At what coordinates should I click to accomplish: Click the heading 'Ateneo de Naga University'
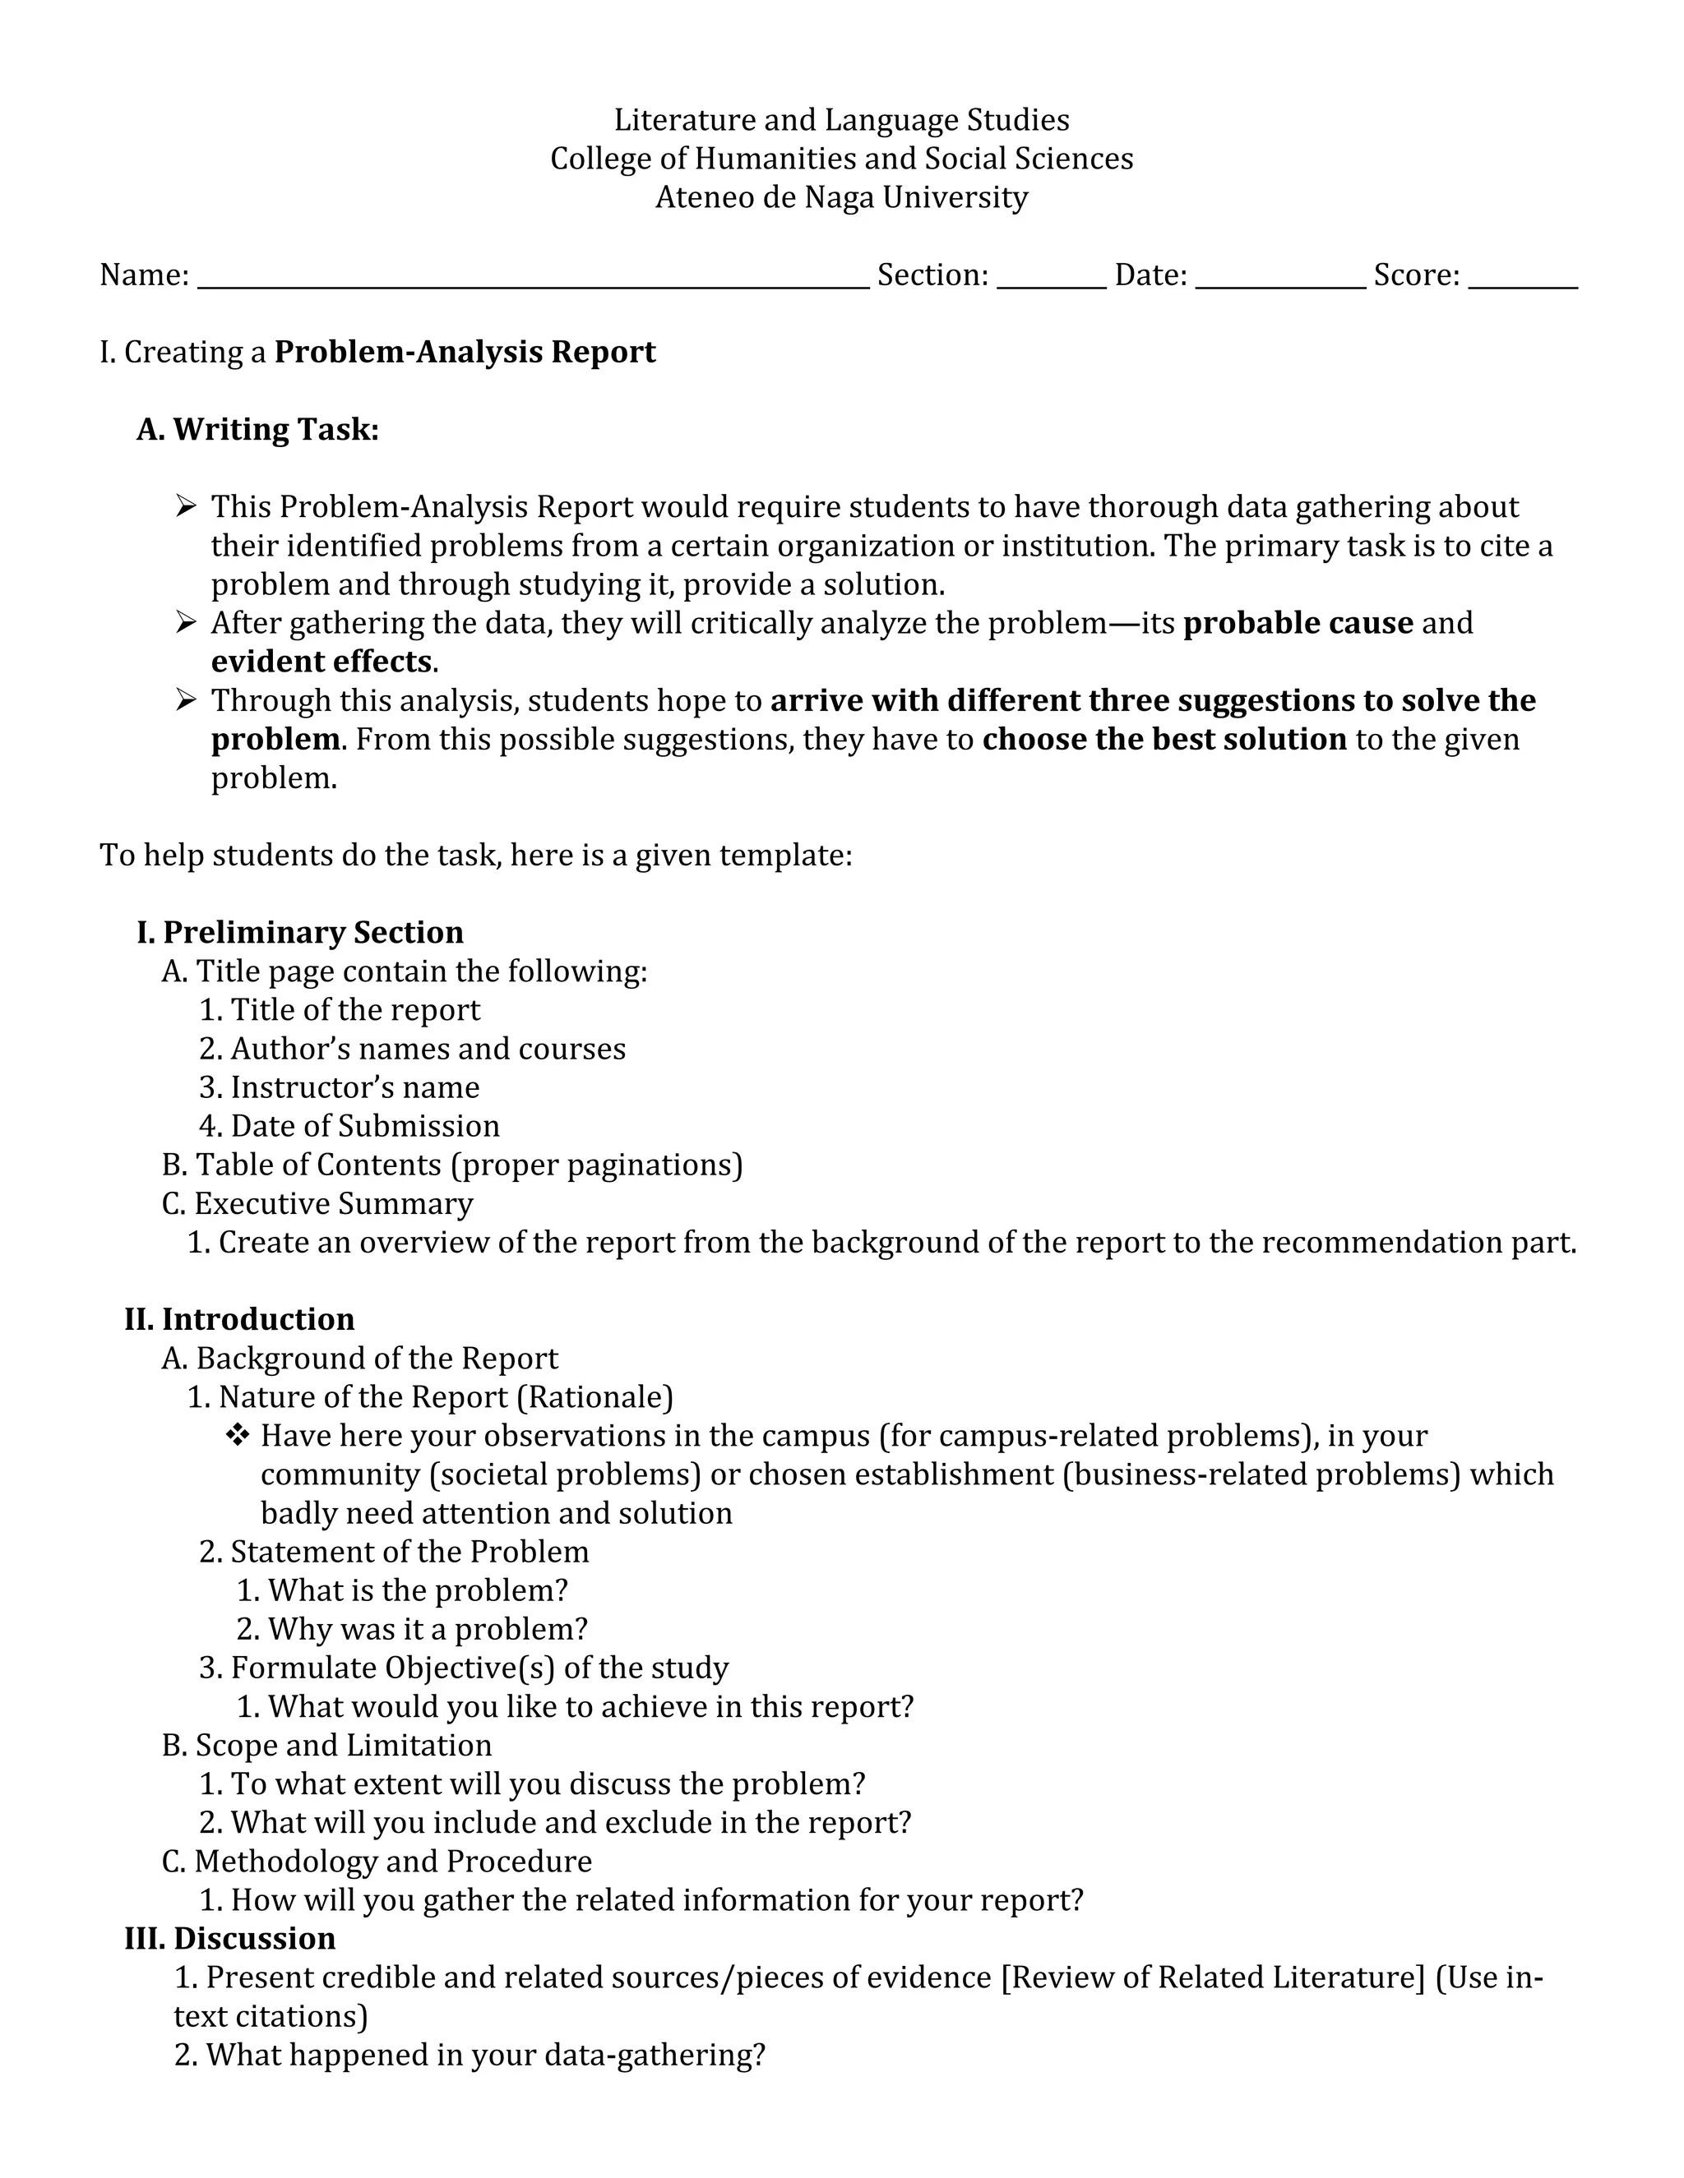tap(841, 197)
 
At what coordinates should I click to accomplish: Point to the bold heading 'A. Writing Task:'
tap(257, 430)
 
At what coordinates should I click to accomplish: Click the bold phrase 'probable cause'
tap(1297, 623)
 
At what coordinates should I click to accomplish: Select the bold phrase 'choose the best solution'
tap(1164, 740)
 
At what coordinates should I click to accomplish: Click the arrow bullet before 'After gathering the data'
tap(186, 623)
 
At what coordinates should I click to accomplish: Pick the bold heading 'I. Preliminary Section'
tap(299, 933)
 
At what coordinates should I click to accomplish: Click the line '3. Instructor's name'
tap(340, 1087)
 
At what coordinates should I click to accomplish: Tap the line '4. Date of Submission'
tap(349, 1126)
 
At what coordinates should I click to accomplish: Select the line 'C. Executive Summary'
tap(317, 1204)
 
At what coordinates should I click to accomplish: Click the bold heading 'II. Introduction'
tap(239, 1319)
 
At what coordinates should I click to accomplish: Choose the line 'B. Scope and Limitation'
tap(326, 1745)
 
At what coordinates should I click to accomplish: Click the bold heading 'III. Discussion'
tap(229, 1939)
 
